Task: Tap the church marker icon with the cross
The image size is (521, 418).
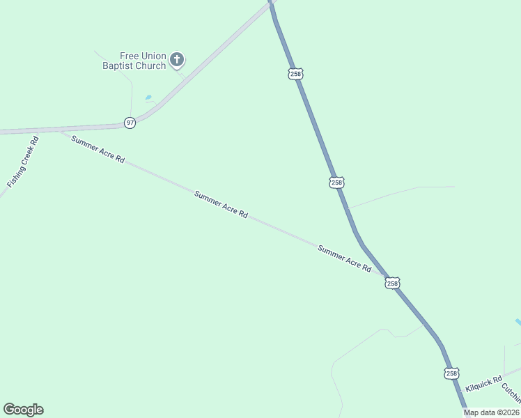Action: pyautogui.click(x=177, y=60)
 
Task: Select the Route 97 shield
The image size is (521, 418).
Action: pyautogui.click(x=130, y=123)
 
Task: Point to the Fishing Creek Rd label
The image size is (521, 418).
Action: pyautogui.click(x=23, y=162)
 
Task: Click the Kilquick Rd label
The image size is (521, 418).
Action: pyautogui.click(x=484, y=384)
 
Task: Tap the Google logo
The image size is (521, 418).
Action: pyautogui.click(x=23, y=410)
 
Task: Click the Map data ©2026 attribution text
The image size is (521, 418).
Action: pyautogui.click(x=490, y=412)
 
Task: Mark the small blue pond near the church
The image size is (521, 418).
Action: pyautogui.click(x=148, y=98)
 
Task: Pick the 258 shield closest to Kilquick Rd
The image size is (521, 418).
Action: pyautogui.click(x=452, y=373)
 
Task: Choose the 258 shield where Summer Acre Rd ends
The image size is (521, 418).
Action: pyautogui.click(x=392, y=283)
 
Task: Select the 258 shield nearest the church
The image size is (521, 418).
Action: pyautogui.click(x=295, y=73)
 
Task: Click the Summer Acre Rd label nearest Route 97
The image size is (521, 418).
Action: pyautogui.click(x=98, y=149)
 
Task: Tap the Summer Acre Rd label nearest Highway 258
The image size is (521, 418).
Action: pyautogui.click(x=344, y=258)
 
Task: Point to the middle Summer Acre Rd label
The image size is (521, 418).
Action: pyautogui.click(x=221, y=205)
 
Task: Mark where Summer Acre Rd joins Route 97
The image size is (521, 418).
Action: pyautogui.click(x=61, y=130)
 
